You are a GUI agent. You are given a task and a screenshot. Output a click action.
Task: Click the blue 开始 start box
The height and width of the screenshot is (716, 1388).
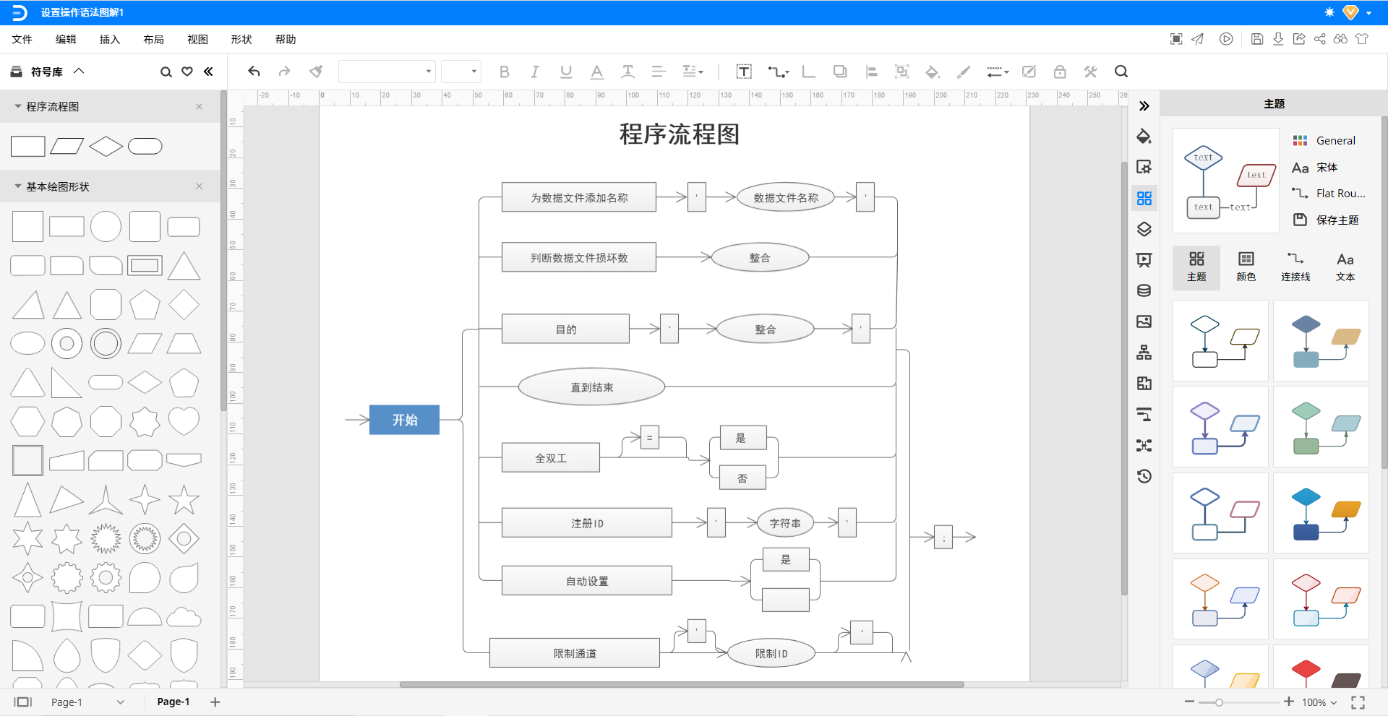point(404,420)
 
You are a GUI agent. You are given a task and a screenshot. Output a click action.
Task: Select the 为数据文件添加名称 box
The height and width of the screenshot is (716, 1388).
point(578,197)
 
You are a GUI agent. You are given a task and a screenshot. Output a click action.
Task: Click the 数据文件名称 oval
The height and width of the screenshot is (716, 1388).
point(785,197)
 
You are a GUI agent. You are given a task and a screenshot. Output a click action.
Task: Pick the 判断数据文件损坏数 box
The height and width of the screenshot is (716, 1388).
point(578,257)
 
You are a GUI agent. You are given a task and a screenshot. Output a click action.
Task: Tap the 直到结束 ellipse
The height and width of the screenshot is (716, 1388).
point(591,387)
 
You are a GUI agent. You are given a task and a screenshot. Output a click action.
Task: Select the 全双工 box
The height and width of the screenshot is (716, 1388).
point(550,458)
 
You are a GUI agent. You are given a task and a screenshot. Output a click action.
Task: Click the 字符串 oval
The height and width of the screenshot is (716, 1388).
point(784,523)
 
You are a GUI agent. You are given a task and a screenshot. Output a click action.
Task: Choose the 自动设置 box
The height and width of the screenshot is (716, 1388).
point(586,581)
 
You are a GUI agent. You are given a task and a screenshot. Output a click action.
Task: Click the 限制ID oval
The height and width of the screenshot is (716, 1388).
point(771,653)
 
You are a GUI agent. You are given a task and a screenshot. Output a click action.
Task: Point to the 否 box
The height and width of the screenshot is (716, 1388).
point(742,478)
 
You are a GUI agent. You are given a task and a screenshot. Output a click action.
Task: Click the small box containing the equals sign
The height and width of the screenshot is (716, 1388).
point(649,437)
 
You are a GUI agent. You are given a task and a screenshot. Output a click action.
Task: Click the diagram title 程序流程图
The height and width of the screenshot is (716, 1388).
point(679,134)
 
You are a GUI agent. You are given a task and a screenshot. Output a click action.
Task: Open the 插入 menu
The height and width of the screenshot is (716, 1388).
point(109,39)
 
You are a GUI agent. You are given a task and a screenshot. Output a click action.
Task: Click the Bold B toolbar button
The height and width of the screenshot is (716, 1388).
point(504,72)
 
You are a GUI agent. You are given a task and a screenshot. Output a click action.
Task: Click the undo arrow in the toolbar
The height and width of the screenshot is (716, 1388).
point(254,72)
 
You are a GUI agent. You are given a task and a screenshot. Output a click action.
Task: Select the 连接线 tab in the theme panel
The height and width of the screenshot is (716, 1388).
point(1295,267)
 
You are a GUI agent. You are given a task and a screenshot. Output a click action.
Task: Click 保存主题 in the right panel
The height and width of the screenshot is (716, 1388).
point(1337,220)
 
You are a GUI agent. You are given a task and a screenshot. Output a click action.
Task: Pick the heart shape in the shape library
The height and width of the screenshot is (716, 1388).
point(184,421)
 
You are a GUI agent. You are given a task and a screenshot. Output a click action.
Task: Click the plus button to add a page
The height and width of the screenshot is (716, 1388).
point(215,702)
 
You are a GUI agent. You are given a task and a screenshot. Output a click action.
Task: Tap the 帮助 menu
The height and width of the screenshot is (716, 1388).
point(285,39)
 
